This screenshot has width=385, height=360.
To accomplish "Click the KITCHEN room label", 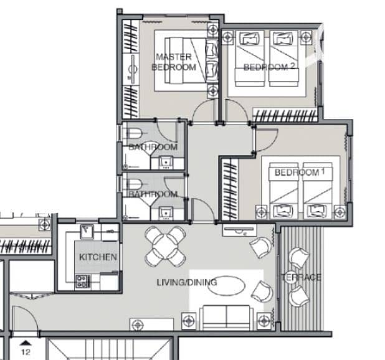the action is click(x=98, y=257).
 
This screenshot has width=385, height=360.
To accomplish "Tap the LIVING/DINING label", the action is click(x=187, y=282).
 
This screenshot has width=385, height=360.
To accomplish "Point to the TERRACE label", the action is click(x=302, y=277).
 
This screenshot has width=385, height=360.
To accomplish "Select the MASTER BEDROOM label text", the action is click(x=174, y=62).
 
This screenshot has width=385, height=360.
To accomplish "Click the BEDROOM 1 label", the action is click(x=300, y=172).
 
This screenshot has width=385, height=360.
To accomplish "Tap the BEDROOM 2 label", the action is click(x=269, y=67).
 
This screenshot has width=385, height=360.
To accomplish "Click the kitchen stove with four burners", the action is click(x=82, y=282).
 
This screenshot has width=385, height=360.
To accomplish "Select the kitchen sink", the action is click(x=87, y=231).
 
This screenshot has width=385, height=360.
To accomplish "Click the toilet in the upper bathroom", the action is click(x=134, y=134).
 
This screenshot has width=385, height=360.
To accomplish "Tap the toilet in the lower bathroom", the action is click(x=134, y=184).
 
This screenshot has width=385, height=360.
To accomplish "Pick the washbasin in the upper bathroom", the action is click(x=166, y=163).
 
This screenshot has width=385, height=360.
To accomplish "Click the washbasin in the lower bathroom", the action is click(x=166, y=213).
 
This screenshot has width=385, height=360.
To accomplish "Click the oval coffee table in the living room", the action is click(x=226, y=286).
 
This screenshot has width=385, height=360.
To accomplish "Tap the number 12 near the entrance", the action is click(x=26, y=352).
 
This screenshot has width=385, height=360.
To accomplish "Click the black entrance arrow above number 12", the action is click(x=26, y=343).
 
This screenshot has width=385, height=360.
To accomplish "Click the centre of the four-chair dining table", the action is click(x=165, y=247).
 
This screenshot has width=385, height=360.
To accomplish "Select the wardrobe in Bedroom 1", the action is click(x=230, y=189).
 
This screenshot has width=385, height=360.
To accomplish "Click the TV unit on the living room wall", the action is click(x=239, y=230).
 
